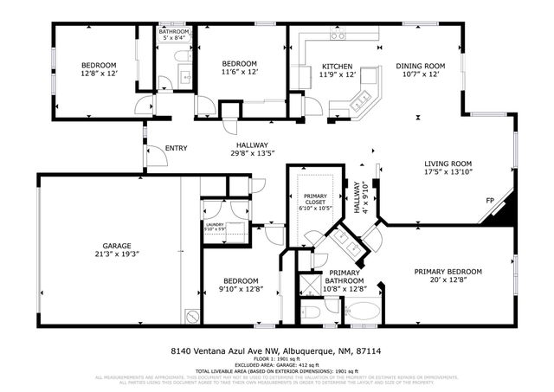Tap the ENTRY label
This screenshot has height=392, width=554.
[x=176, y=148]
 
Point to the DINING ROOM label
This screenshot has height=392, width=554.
[x=420, y=66]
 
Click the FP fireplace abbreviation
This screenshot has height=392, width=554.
[x=490, y=201]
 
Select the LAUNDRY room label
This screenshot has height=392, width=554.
[x=215, y=225]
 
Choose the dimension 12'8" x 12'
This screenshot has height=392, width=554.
[x=98, y=74]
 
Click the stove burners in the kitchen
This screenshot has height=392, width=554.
[x=340, y=36]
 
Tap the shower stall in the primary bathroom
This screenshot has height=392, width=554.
[x=308, y=286]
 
